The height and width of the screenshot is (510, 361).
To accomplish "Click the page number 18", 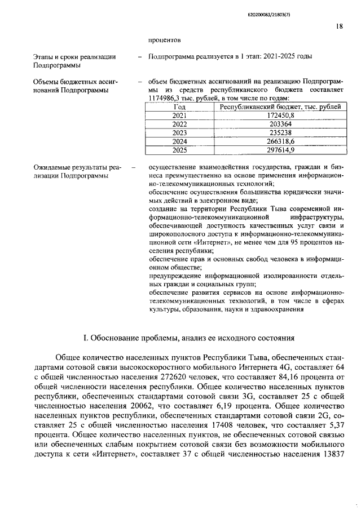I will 339,25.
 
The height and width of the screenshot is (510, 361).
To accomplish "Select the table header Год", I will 179,107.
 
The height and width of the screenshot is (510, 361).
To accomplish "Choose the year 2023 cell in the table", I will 179,133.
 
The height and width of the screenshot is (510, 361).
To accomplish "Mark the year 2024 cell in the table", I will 179,141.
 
